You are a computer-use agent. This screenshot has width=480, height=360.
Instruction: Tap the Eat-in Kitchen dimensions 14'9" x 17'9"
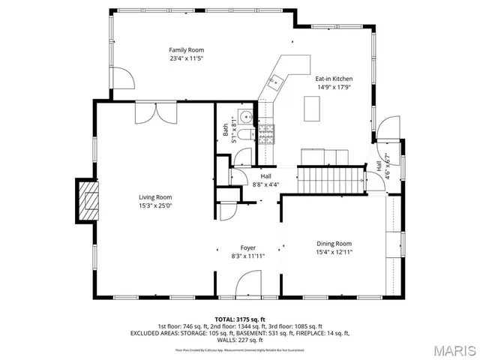point(333,87)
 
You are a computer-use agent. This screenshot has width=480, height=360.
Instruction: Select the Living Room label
point(155,197)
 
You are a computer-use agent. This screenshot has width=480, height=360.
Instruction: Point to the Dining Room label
point(334,243)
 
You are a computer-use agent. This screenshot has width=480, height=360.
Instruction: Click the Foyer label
point(247,247)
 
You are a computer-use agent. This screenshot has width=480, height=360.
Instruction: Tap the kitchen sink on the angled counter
point(275,80)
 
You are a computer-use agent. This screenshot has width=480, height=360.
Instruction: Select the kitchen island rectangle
point(313,109)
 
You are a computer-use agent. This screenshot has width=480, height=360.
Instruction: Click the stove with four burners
point(268,134)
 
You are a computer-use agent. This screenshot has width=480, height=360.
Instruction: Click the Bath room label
point(225,129)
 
